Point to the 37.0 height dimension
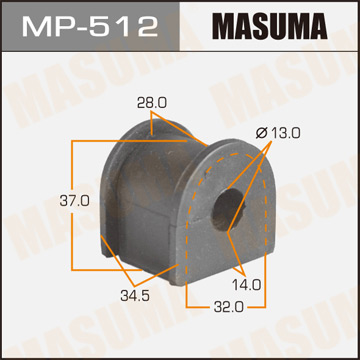tap(47, 200)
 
